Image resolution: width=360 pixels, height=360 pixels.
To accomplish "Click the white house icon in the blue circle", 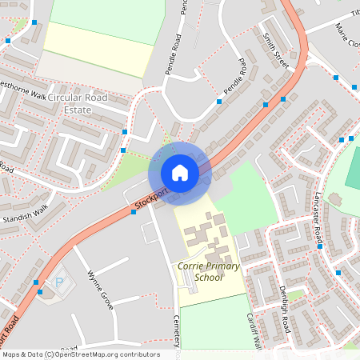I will pyautogui.click(x=180, y=173).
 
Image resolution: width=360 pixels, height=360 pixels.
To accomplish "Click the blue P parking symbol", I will pyautogui.click(x=58, y=282).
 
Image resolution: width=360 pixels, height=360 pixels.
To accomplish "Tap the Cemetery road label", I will pyautogui.click(x=178, y=332).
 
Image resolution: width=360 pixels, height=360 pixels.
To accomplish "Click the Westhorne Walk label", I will pyautogui.click(x=22, y=91).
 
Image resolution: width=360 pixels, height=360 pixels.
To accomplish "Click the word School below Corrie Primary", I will pyautogui.click(x=209, y=278).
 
